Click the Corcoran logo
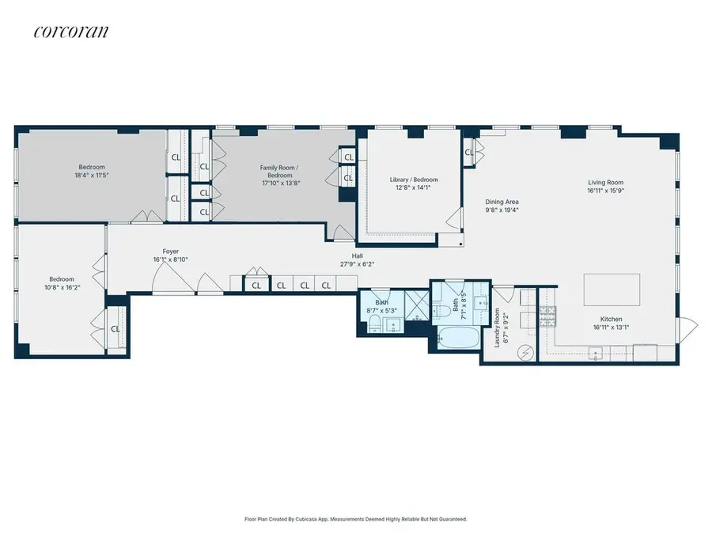[71, 32]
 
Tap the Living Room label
[605, 181]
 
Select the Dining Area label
[502, 202]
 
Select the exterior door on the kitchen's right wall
[688, 324]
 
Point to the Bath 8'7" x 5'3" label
[381, 307]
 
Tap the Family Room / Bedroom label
[280, 172]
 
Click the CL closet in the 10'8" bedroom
[116, 328]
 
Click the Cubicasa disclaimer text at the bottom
[356, 519]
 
